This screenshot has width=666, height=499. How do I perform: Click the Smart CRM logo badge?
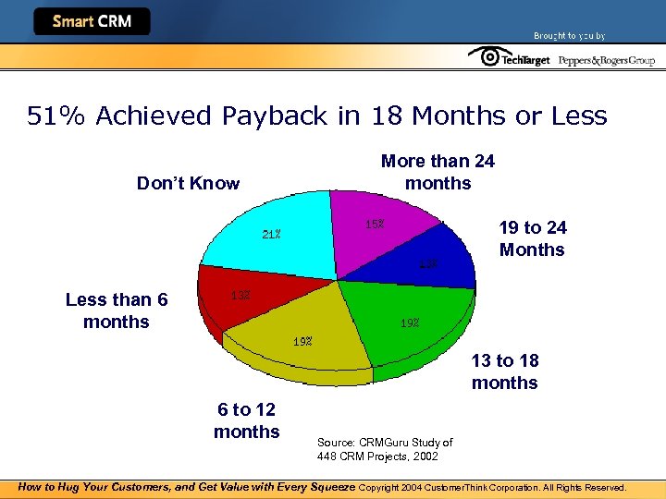(92, 21)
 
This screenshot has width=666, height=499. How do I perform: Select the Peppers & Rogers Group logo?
(607, 60)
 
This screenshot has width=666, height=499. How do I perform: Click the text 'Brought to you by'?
(569, 36)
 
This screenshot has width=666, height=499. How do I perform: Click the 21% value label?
(271, 234)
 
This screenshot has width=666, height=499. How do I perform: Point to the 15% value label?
(375, 224)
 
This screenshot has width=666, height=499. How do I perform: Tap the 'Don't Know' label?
(188, 183)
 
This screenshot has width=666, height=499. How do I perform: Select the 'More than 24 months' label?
(438, 172)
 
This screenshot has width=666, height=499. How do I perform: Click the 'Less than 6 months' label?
(117, 310)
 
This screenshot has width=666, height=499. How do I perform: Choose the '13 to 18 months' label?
(505, 371)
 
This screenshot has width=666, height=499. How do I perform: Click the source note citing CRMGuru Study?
(385, 449)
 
